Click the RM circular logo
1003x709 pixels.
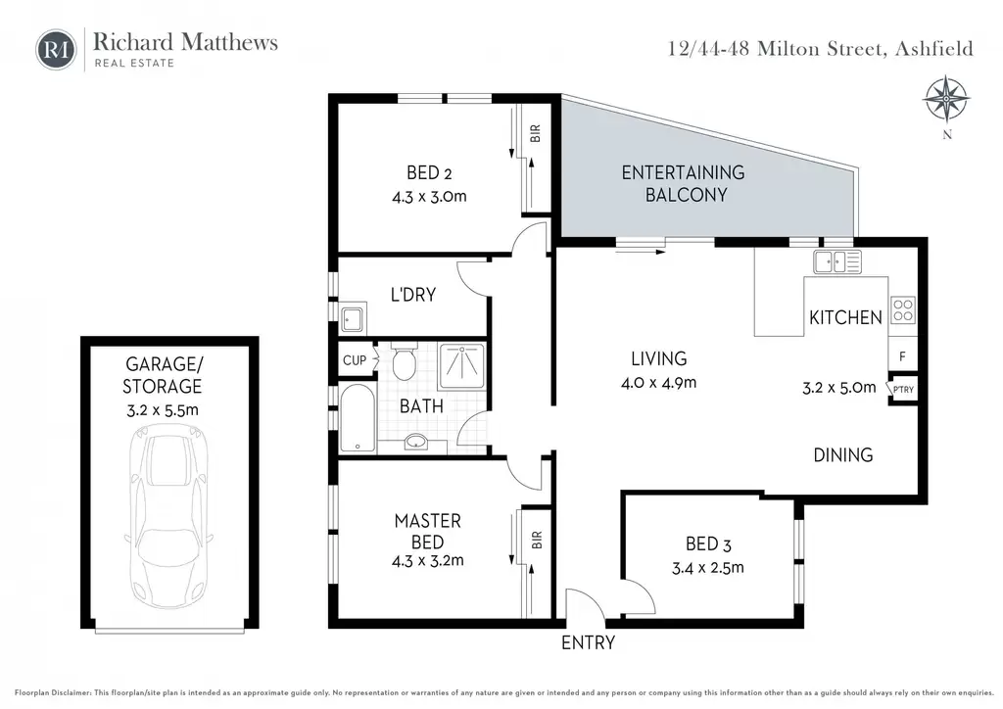pyautogui.click(x=56, y=49)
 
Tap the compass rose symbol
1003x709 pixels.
pyautogui.click(x=946, y=100)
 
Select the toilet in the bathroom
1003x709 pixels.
pyautogui.click(x=404, y=361)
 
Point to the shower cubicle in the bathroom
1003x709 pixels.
pyautogui.click(x=462, y=365)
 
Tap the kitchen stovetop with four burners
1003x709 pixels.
pyautogui.click(x=902, y=310)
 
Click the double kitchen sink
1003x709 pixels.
pyautogui.click(x=837, y=261)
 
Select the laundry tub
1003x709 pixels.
pyautogui.click(x=353, y=317)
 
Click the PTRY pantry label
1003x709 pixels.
pyautogui.click(x=903, y=390)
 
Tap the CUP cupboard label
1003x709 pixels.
pyautogui.click(x=355, y=360)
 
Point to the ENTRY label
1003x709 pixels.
pyautogui.click(x=588, y=642)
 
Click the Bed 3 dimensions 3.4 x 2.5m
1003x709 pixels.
pyautogui.click(x=707, y=568)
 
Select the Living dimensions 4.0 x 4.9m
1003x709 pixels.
pyautogui.click(x=658, y=383)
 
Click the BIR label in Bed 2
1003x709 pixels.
pyautogui.click(x=536, y=133)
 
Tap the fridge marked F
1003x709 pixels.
pyautogui.click(x=902, y=356)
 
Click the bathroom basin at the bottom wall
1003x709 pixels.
pyautogui.click(x=416, y=441)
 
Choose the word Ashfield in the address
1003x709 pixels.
pyautogui.click(x=933, y=49)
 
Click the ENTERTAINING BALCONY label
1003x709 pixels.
pyautogui.click(x=683, y=183)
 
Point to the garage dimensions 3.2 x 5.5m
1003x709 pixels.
pyautogui.click(x=163, y=410)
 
